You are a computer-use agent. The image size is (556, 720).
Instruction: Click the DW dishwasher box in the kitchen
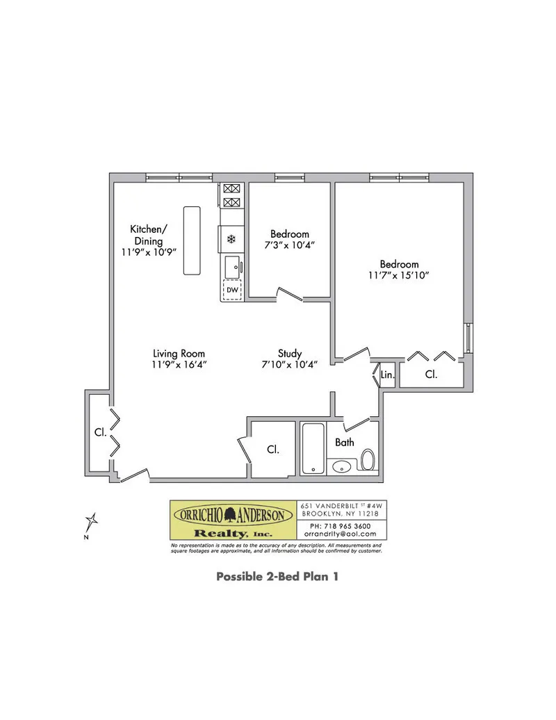pyautogui.click(x=231, y=289)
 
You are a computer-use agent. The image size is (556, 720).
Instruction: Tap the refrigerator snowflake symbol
pyautogui.click(x=231, y=240)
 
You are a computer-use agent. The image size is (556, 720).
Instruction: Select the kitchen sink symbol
pyautogui.click(x=233, y=265)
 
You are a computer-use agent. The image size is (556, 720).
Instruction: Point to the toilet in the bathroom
pyautogui.click(x=368, y=459)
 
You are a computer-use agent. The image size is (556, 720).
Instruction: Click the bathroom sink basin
pyautogui.click(x=342, y=466)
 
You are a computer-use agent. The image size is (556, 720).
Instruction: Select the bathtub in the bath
pyautogui.click(x=313, y=449)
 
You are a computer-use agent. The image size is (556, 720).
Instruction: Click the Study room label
pyautogui.click(x=289, y=353)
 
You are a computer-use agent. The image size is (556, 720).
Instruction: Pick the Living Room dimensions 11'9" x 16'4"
pyautogui.click(x=179, y=364)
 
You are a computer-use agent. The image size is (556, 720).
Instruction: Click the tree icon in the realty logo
pyautogui.click(x=233, y=515)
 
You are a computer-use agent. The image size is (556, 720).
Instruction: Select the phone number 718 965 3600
pyautogui.click(x=341, y=526)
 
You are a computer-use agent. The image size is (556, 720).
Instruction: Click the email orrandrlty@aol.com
pyautogui.click(x=341, y=534)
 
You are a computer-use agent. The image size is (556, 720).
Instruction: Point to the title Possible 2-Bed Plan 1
pyautogui.click(x=277, y=576)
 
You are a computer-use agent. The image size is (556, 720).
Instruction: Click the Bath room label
pyautogui.click(x=345, y=442)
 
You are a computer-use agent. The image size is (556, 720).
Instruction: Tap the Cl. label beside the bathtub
pyautogui.click(x=273, y=450)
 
